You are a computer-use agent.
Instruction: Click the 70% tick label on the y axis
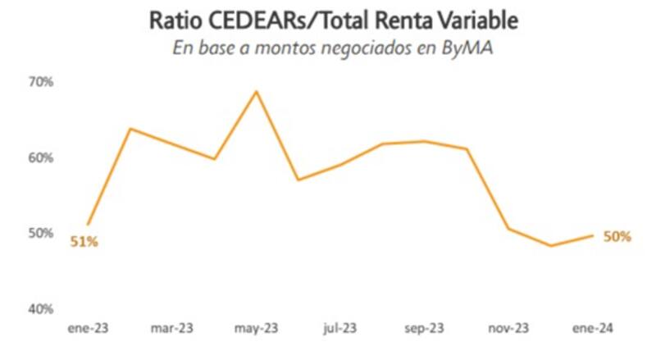[x=43, y=82]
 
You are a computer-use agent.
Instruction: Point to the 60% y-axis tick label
[x=43, y=157]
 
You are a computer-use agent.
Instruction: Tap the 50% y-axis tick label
[x=43, y=234]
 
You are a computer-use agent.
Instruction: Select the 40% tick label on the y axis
[x=43, y=309]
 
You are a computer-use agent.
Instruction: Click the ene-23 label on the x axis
[x=88, y=329]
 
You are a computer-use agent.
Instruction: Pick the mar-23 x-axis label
[x=171, y=329]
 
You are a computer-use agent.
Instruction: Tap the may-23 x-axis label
[x=257, y=329]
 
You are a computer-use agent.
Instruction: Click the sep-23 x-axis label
[x=424, y=329]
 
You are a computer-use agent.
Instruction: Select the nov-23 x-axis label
[x=508, y=329]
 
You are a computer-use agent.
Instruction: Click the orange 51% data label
[x=84, y=242]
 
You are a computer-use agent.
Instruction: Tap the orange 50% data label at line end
[x=617, y=236]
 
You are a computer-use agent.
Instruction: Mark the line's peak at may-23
[x=257, y=91]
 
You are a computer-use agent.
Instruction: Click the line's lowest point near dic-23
[x=551, y=245]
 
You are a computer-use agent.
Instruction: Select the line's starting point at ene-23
[x=88, y=224]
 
